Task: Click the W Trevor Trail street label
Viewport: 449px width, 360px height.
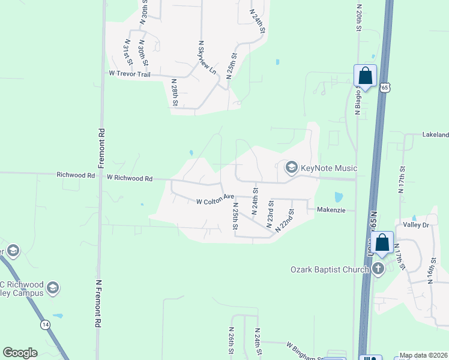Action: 129,74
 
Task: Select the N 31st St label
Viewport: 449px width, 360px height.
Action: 127,53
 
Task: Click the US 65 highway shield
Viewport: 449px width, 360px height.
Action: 384,88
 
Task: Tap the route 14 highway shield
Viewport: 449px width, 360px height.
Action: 45,324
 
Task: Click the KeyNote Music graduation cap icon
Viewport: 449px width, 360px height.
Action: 292,167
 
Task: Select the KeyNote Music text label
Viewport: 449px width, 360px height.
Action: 329,168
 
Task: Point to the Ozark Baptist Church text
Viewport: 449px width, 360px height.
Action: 330,269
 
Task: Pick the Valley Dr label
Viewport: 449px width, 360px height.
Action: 417,225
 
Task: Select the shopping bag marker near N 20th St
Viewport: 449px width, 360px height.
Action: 365,76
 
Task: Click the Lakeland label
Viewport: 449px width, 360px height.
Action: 435,135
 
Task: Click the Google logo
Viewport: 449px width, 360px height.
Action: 20,353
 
